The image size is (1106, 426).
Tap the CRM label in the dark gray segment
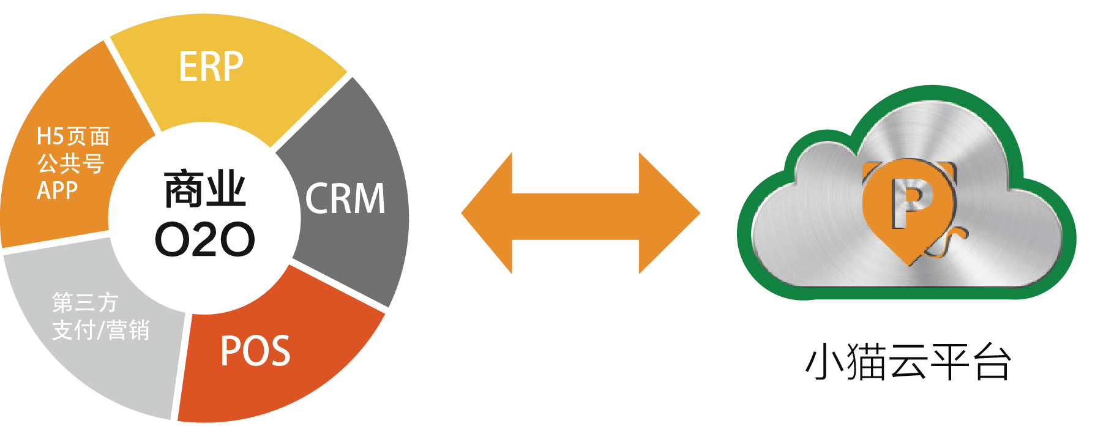pos(345,198)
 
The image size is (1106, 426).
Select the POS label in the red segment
pos(255,351)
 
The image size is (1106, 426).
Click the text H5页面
pos(73,136)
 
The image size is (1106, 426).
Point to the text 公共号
pos(70,163)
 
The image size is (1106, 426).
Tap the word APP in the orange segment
pos(57,190)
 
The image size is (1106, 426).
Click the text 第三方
pos(85,302)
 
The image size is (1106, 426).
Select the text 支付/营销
pos(101,330)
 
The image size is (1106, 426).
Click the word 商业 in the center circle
pos(205,190)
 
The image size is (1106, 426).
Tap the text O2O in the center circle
pos(204,239)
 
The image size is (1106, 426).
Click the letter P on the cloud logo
pos(910,202)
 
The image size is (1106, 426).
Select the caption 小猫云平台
pos(908,362)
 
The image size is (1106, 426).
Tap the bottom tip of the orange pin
pos(910,262)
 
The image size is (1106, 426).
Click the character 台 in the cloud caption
pos(993,362)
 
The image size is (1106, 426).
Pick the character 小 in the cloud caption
pos(824,362)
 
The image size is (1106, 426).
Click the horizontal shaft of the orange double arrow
pos(575,213)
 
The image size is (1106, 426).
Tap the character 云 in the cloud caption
pos(908,362)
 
